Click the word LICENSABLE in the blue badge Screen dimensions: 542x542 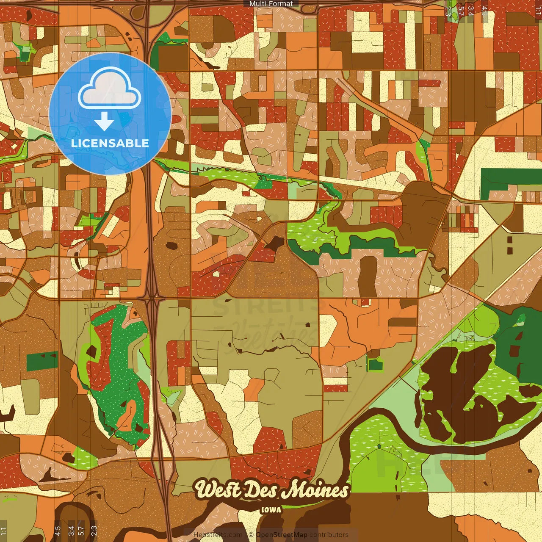[x=110, y=143]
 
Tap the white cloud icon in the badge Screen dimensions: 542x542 [x=110, y=89]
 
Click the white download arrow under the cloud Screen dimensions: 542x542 [x=104, y=122]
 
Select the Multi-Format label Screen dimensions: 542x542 [x=271, y=4]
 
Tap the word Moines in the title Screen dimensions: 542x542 [x=315, y=490]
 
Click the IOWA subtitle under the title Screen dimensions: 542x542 [x=271, y=510]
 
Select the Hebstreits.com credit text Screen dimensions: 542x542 [x=218, y=535]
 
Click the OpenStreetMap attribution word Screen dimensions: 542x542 [x=282, y=535]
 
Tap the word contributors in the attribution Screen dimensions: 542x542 [x=329, y=535]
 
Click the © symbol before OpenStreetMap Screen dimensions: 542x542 [x=251, y=535]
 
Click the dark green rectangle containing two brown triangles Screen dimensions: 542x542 [x=42, y=361]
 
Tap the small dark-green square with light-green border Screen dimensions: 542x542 [x=375, y=364]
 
